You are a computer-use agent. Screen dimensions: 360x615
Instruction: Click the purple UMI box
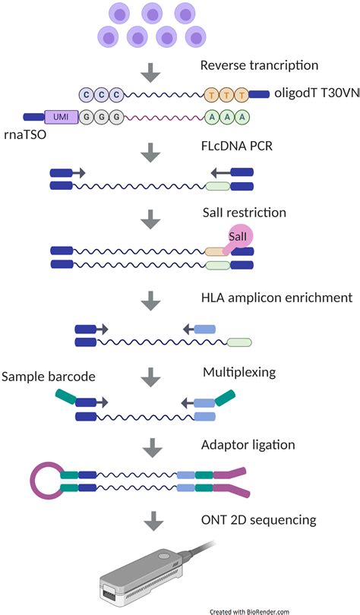pos(62,116)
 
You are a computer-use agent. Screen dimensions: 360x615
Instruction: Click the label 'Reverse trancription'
pos(259,65)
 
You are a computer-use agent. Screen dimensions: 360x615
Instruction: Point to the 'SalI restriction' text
pos(245,213)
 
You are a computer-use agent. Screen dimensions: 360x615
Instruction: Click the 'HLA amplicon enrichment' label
pos(277,298)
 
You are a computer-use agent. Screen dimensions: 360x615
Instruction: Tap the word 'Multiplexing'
pos(239,372)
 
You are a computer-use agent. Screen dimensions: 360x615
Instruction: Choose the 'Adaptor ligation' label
pos(248,445)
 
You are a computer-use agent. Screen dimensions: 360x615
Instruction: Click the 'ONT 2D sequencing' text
pos(259,520)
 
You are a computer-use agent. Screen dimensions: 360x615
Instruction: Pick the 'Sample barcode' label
pos(49,377)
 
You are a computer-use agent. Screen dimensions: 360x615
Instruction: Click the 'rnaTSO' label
pos(25,134)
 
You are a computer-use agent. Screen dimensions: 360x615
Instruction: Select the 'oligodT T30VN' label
pos(317,93)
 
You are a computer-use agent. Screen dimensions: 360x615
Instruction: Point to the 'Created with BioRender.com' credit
pos(249,611)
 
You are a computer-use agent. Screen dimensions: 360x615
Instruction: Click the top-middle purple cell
pos(152,14)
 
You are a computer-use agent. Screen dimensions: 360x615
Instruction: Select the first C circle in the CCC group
pos(87,94)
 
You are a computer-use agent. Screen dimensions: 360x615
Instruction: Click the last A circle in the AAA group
pos(242,116)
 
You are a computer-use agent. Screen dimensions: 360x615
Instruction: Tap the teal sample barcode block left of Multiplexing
pos(65,396)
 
